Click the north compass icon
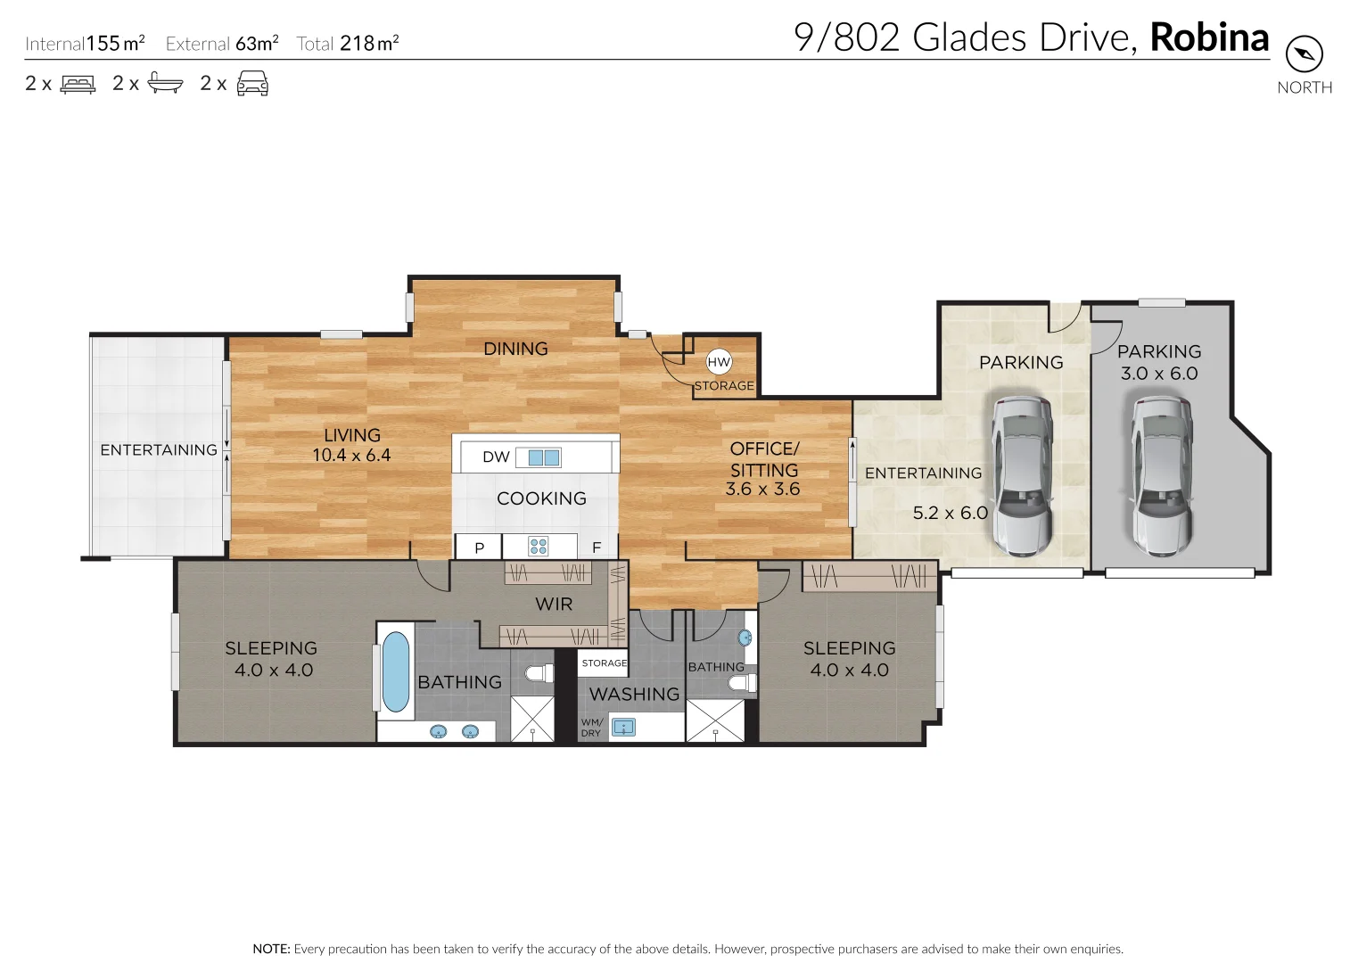pyautogui.click(x=1304, y=54)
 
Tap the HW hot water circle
pyautogui.click(x=719, y=362)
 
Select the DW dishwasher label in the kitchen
pyautogui.click(x=496, y=457)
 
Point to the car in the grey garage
pyautogui.click(x=1161, y=476)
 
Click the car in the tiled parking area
pyautogui.click(x=1023, y=476)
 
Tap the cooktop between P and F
pyautogui.click(x=539, y=546)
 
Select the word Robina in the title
pyautogui.click(x=1209, y=37)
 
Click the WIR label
pyautogui.click(x=554, y=605)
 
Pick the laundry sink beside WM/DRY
pyautogui.click(x=623, y=728)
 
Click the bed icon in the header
pyautogui.click(x=78, y=84)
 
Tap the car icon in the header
pyautogui.click(x=252, y=84)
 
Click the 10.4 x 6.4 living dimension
pyautogui.click(x=351, y=456)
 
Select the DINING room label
pyautogui.click(x=515, y=349)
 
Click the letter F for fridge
pyautogui.click(x=597, y=547)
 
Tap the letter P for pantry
pyautogui.click(x=479, y=547)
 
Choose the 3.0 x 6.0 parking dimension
pyautogui.click(x=1159, y=374)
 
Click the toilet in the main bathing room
pyautogui.click(x=539, y=673)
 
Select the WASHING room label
pyautogui.click(x=634, y=694)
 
